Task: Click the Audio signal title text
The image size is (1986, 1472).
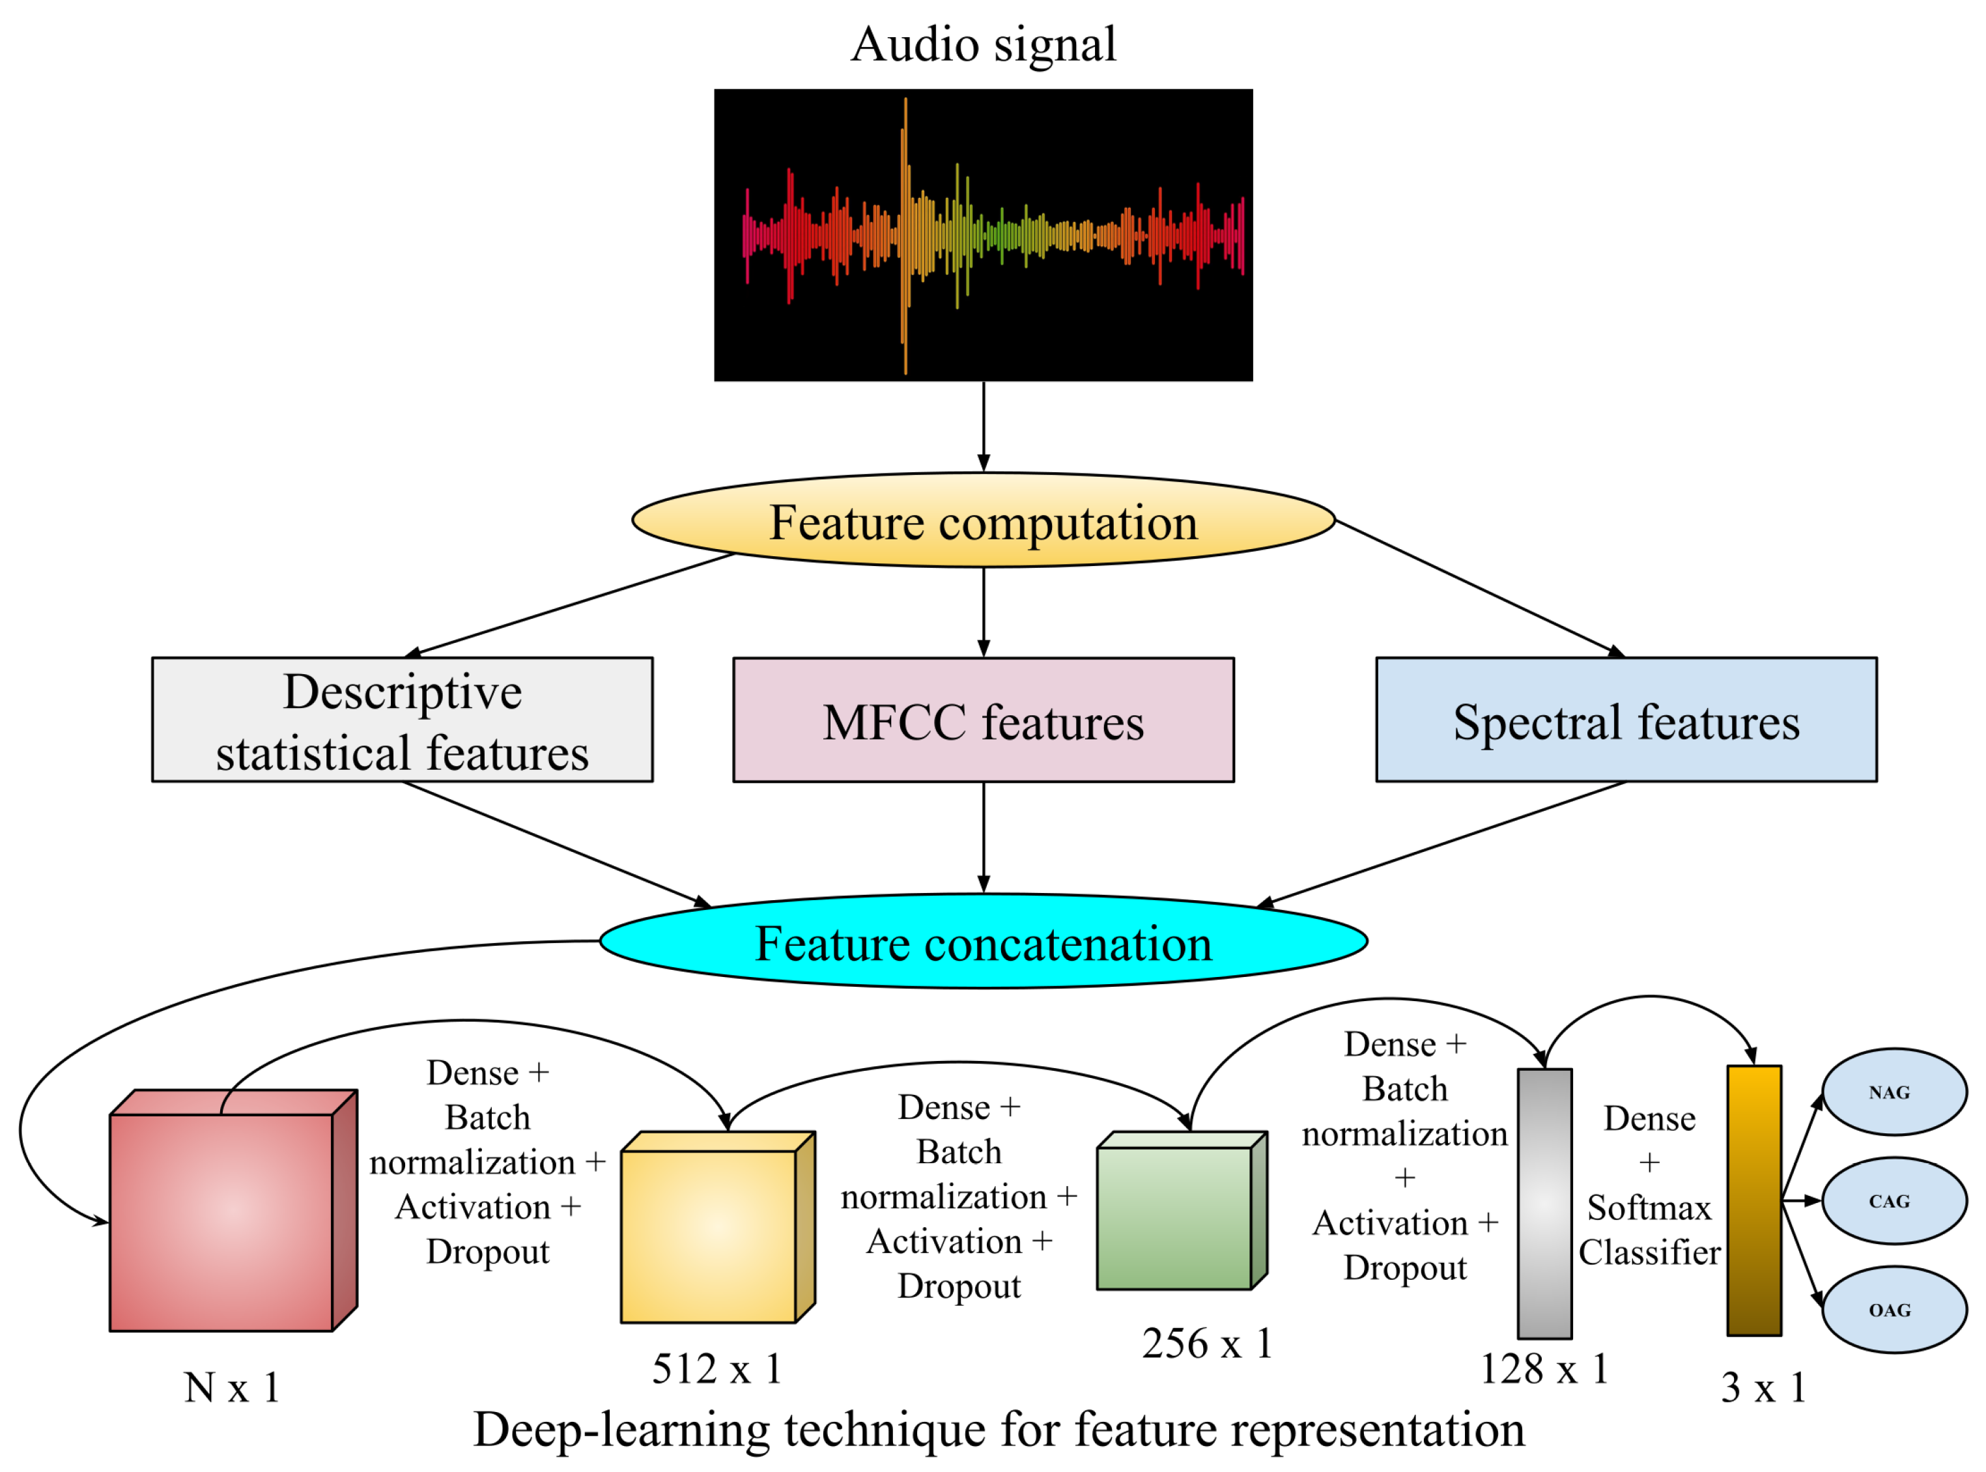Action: [983, 44]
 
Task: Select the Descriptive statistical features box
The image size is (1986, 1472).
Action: [402, 721]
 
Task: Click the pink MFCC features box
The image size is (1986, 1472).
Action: [983, 722]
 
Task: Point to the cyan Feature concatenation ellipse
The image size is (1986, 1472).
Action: [983, 942]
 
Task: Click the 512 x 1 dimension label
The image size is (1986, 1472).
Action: [717, 1368]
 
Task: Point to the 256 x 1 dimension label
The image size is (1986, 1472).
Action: [1207, 1344]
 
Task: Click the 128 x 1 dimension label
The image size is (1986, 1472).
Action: [1544, 1368]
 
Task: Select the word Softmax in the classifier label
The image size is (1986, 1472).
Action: [1649, 1208]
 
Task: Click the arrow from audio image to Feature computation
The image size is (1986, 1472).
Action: [983, 426]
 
